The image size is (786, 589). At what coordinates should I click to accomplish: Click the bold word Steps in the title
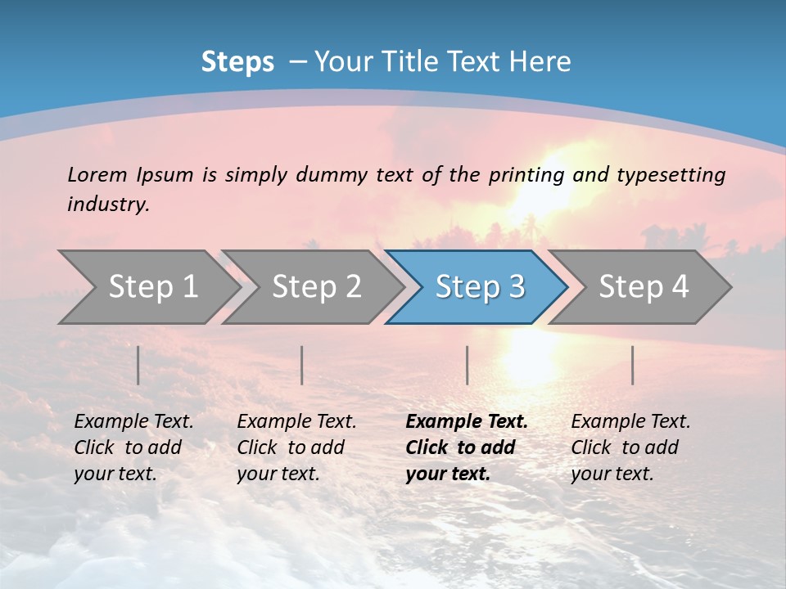click(237, 62)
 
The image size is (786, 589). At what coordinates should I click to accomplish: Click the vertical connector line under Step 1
click(138, 365)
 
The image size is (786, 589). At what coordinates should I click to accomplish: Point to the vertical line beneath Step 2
click(302, 365)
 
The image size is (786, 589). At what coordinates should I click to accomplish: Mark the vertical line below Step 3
click(467, 365)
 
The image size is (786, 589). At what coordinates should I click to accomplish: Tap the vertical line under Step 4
click(632, 365)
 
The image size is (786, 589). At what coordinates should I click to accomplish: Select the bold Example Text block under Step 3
click(467, 447)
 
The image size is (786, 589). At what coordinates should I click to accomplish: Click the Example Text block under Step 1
click(133, 447)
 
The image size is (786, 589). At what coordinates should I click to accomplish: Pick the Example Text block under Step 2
click(296, 447)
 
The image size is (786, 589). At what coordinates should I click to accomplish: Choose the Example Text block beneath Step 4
click(630, 447)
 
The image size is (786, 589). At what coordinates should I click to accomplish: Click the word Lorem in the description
click(97, 174)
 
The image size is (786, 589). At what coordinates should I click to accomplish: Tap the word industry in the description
click(108, 205)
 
